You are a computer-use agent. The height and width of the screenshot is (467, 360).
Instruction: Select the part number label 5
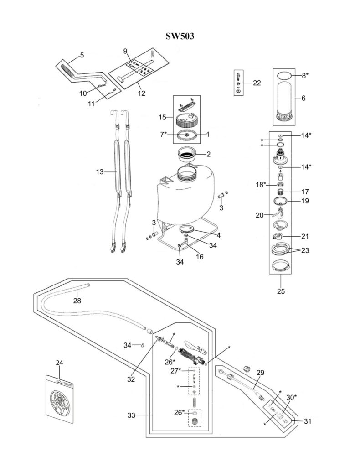[x=82, y=55]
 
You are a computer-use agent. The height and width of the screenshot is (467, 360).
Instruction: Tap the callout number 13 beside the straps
[x=100, y=172]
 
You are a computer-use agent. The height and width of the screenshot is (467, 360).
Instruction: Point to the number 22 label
[x=257, y=83]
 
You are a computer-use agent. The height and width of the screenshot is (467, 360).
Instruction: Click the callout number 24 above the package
[x=59, y=363]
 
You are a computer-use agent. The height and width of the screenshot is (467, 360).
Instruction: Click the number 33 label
[x=133, y=415]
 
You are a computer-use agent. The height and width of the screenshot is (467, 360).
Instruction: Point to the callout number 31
[x=308, y=421]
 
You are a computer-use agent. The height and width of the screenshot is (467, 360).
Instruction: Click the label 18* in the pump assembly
[x=260, y=185]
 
